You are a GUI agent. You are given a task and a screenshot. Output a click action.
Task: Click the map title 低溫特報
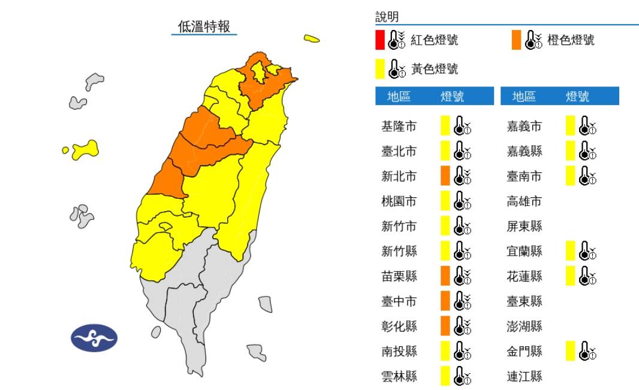pos(204,26)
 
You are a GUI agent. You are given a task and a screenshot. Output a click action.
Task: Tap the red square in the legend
pos(380,40)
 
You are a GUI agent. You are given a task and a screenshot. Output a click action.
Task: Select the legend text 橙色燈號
pos(571,40)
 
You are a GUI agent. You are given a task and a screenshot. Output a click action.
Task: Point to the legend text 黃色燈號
pos(435,69)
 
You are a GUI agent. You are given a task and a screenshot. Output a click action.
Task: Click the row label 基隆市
pos(399,127)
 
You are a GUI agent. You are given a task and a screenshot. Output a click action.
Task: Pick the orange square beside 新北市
pos(445,176)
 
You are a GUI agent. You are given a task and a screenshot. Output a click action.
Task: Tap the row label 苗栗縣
pos(399,276)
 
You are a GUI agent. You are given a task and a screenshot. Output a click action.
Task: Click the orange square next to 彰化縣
pos(445,326)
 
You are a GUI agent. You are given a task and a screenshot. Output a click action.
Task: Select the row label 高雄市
pos(525,201)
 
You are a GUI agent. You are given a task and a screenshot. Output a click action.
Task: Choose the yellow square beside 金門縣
pos(571,351)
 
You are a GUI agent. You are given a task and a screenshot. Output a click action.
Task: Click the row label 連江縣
pos(525,376)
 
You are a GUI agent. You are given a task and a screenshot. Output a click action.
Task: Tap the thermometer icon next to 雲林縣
pos(462,376)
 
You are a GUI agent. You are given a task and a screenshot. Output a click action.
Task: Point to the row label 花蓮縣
pos(525,276)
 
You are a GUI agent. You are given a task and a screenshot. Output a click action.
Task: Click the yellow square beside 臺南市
pos(571,176)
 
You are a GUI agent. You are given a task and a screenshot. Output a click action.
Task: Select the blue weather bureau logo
pos(94,338)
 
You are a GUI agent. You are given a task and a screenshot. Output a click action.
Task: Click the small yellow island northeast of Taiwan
pos(311,39)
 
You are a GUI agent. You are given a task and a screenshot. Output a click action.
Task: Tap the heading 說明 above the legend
pos(387,16)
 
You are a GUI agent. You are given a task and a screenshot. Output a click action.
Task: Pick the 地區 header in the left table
pos(399,97)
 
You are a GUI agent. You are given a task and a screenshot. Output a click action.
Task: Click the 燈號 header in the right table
pos(577,97)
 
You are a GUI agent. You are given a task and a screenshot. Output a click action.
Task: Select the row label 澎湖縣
pos(525,326)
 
